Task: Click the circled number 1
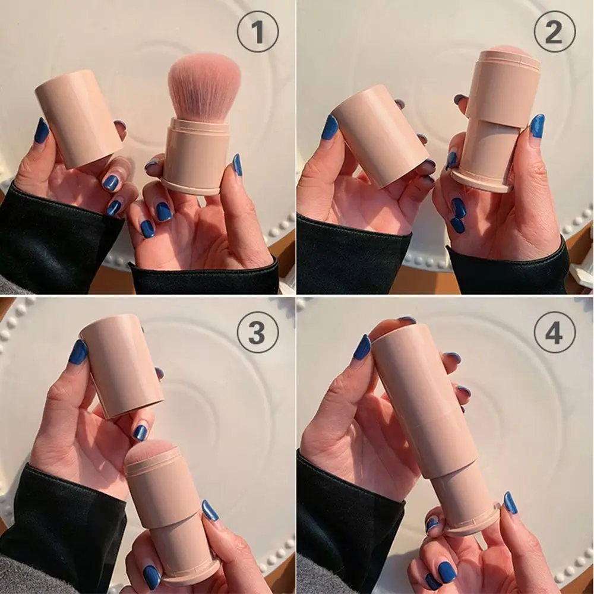pyautogui.click(x=258, y=31)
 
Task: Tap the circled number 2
pyautogui.click(x=554, y=31)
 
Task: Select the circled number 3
pyautogui.click(x=257, y=332)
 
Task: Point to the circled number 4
pyautogui.click(x=554, y=332)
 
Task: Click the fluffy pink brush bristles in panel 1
pyautogui.click(x=204, y=86)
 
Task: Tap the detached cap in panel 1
pyautogui.click(x=78, y=119)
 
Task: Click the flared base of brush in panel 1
pyautogui.click(x=192, y=186)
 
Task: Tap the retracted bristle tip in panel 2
pyautogui.click(x=508, y=49)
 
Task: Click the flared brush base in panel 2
pyautogui.click(x=481, y=181)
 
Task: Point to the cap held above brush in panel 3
pyautogui.click(x=122, y=365)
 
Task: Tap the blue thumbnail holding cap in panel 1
pyautogui.click(x=41, y=130)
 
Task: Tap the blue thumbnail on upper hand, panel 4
pyautogui.click(x=362, y=347)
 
